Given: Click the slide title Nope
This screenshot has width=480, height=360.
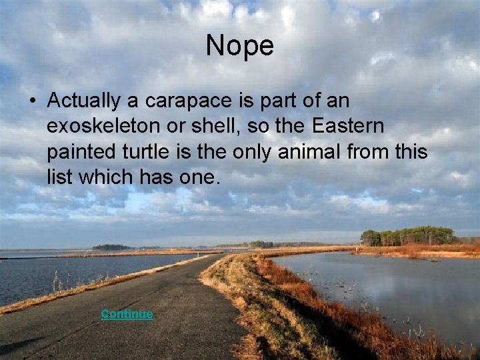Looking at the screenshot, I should pyautogui.click(x=239, y=46).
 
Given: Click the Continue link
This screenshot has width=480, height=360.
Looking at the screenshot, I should pyautogui.click(x=127, y=314).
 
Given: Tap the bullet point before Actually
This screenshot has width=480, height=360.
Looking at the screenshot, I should pyautogui.click(x=31, y=102).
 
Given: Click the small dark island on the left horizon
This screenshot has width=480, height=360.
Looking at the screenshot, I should pyautogui.click(x=111, y=247).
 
